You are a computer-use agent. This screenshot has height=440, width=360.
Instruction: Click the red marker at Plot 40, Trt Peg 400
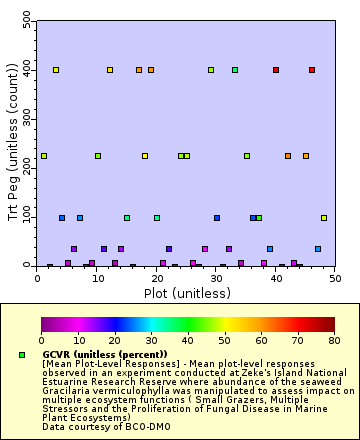[276, 70]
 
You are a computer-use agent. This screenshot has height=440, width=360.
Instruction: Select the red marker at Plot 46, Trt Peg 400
[312, 70]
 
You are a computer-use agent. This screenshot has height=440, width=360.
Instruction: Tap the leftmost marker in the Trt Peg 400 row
[56, 70]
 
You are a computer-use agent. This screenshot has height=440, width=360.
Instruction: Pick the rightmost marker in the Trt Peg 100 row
[324, 217]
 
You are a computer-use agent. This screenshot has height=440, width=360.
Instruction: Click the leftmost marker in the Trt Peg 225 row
[44, 156]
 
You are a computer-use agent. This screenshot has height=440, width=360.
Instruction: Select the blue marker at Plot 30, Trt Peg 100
[217, 217]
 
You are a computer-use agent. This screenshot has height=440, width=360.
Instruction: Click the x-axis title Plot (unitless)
[186, 294]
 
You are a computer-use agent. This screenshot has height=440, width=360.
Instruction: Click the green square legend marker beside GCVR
[21, 355]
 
